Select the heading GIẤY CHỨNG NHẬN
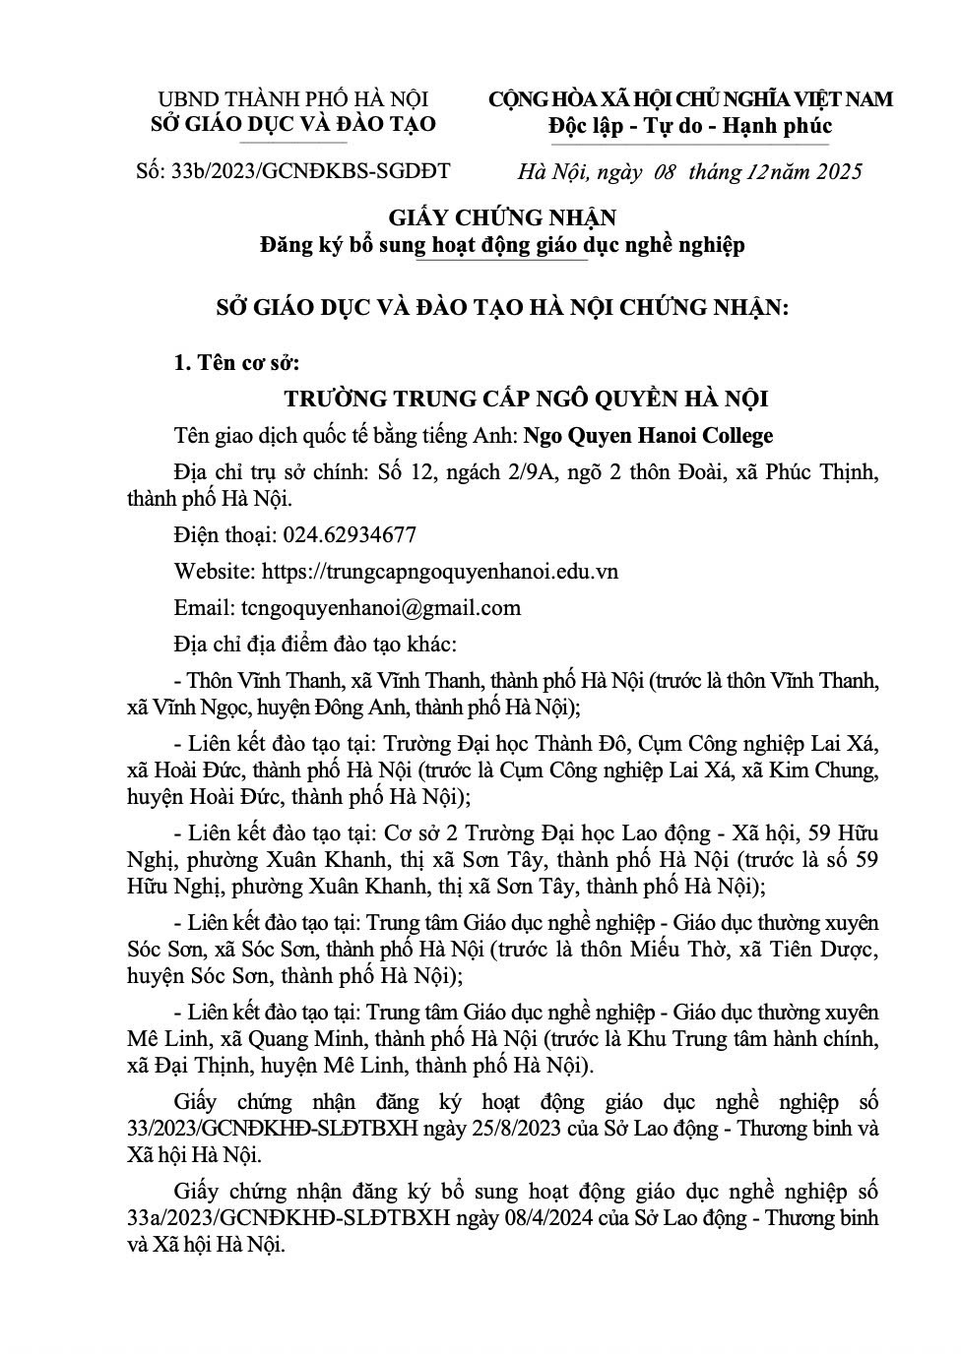click(502, 217)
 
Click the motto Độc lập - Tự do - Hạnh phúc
click(690, 126)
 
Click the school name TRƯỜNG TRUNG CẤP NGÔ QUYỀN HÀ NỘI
click(526, 400)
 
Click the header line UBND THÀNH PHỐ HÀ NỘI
click(293, 99)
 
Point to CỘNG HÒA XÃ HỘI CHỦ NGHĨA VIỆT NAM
click(690, 99)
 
